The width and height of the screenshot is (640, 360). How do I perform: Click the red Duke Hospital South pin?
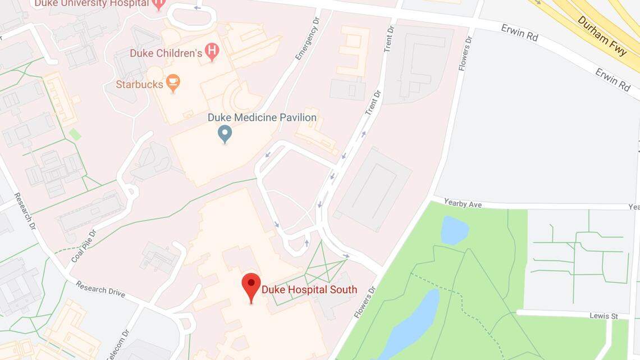[x=251, y=286]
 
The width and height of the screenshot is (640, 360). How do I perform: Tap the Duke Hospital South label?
[x=309, y=290]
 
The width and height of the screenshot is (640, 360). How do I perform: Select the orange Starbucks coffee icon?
[x=173, y=84]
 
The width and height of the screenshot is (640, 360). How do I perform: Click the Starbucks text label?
[x=139, y=85]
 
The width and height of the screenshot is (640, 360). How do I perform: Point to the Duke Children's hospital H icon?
[x=212, y=52]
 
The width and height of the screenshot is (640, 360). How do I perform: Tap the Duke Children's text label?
[x=166, y=53]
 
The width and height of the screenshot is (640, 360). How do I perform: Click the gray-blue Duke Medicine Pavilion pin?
[x=225, y=134]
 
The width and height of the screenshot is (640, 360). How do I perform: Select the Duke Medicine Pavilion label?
[x=262, y=117]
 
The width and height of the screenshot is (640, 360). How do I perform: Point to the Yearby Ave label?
[x=463, y=203]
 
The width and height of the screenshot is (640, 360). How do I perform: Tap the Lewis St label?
[x=604, y=316]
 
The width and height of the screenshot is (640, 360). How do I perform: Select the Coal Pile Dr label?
[x=84, y=245]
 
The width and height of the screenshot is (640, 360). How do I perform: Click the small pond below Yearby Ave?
[x=454, y=230]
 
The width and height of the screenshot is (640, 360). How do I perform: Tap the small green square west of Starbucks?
[x=75, y=135]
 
